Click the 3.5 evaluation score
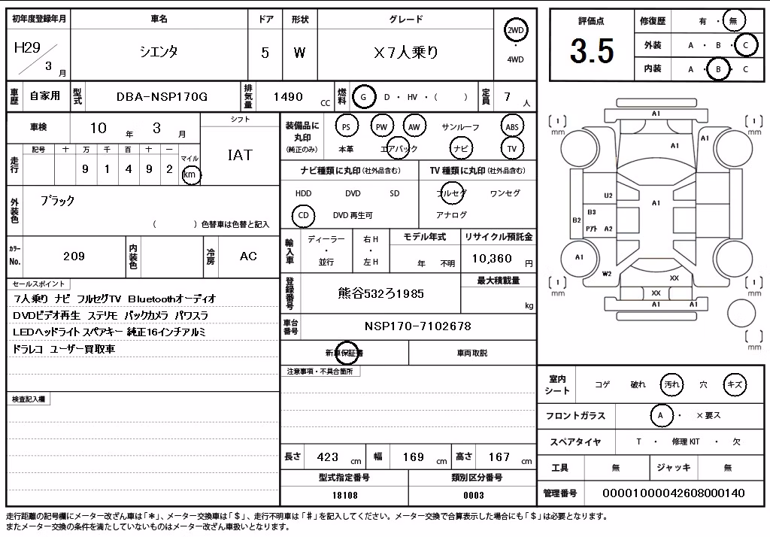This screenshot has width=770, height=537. pyautogui.click(x=592, y=51)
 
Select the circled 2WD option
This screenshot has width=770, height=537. pyautogui.click(x=515, y=31)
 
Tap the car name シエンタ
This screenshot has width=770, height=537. pyautogui.click(x=159, y=52)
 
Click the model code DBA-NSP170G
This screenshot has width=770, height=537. pyautogui.click(x=162, y=97)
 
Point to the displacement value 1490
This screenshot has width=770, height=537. pyautogui.click(x=288, y=97)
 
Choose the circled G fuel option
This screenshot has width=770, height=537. pyautogui.click(x=363, y=97)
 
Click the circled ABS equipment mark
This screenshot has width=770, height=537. pyautogui.click(x=511, y=127)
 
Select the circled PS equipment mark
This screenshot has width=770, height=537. pyautogui.click(x=346, y=127)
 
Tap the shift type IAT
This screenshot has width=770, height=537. pyautogui.click(x=240, y=155)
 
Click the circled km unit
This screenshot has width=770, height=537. pyautogui.click(x=190, y=174)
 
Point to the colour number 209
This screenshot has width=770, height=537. pyautogui.click(x=74, y=256)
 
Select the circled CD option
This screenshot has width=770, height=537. pyautogui.click(x=304, y=215)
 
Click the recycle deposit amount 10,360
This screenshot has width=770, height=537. pyautogui.click(x=492, y=259)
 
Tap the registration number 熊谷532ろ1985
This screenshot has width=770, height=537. pyautogui.click(x=381, y=294)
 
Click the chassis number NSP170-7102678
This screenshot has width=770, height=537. pyautogui.click(x=418, y=326)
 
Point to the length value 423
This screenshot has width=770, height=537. pyautogui.click(x=328, y=457)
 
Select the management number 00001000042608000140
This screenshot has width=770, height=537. pyautogui.click(x=673, y=493)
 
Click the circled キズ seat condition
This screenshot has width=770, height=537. pyautogui.click(x=735, y=384)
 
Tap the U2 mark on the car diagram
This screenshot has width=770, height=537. pyautogui.click(x=608, y=196)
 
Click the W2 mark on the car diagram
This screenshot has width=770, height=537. pyautogui.click(x=607, y=274)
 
